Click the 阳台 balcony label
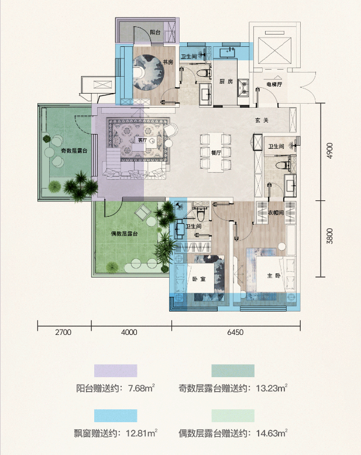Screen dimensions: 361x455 tap(155, 32)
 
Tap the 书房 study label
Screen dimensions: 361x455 tap(167, 62)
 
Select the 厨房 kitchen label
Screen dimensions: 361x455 tap(226, 81)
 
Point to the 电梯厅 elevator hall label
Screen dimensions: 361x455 tap(274, 84)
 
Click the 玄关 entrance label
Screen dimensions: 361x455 tap(262, 120)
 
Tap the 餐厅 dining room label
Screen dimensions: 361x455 tap(216, 153)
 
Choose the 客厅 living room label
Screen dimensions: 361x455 tap(142, 140)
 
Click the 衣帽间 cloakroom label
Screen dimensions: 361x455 tap(276, 213)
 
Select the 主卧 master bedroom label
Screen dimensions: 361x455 tap(274, 276)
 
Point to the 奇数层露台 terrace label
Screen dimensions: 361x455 tap(74, 150)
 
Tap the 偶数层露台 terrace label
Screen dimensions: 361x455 tap(125, 234)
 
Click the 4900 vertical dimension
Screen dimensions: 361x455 tap(329, 150)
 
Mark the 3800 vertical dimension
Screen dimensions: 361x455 tap(329, 236)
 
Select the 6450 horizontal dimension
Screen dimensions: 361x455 tap(235, 332)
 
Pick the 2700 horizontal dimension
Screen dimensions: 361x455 tap(63, 332)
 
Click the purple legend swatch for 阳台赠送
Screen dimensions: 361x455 tap(116, 371)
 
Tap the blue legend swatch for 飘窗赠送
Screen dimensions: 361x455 tap(116, 416)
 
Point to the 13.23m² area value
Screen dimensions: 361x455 tap(271, 388)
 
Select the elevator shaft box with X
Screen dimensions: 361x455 tap(274, 50)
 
